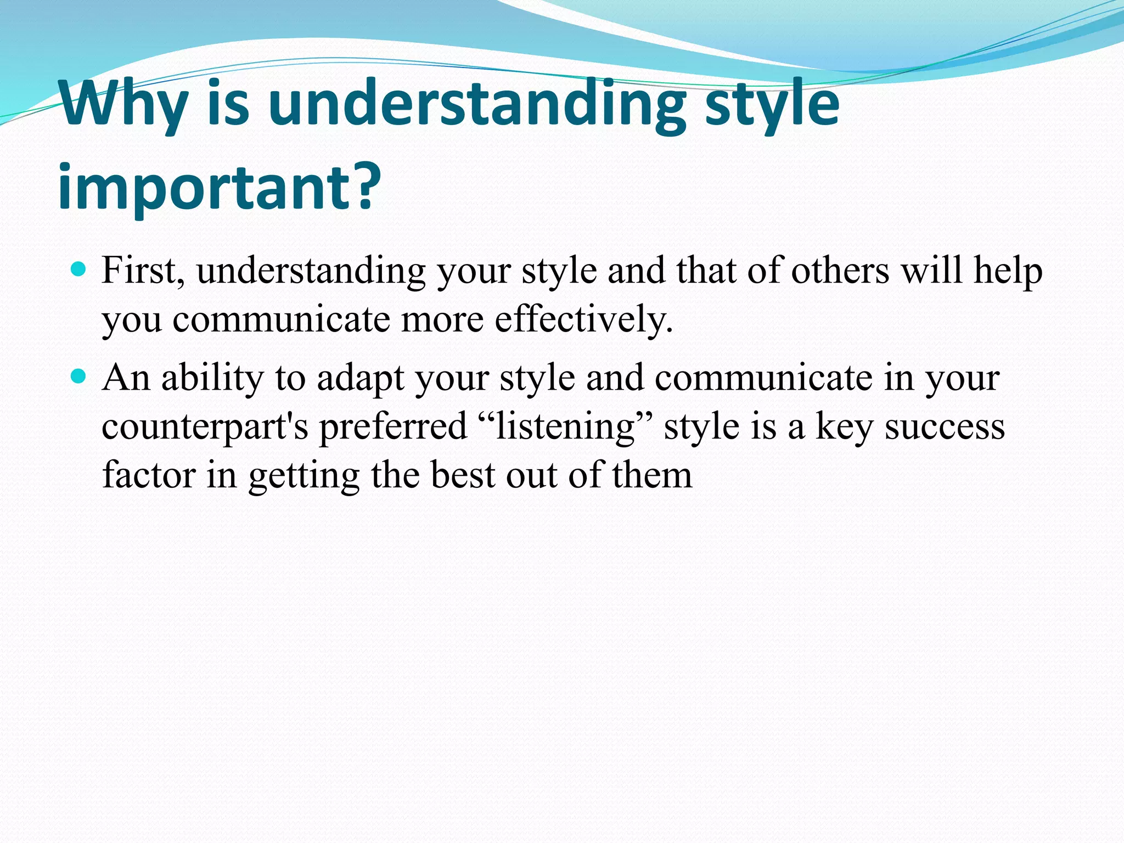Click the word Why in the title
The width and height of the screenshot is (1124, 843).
click(x=123, y=104)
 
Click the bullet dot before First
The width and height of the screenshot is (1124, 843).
click(x=79, y=269)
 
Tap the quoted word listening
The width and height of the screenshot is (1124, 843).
click(x=565, y=427)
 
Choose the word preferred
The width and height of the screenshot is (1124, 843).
click(x=393, y=427)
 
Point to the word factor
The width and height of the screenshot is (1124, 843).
click(x=149, y=475)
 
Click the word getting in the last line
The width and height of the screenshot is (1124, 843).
click(x=304, y=476)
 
